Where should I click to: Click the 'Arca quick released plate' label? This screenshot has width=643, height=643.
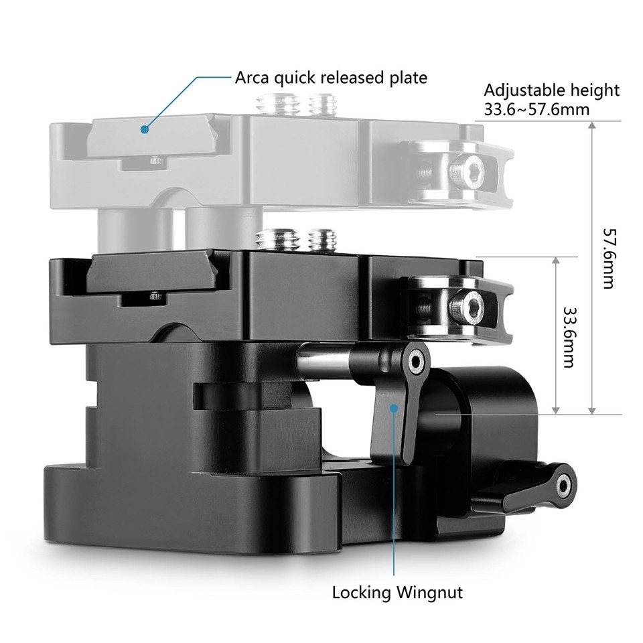coord(331,77)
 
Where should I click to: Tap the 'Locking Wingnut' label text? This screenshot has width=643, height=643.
coord(397,592)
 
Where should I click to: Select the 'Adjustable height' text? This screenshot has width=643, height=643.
coord(551,90)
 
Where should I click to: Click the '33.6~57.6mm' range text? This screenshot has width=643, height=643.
coord(537,109)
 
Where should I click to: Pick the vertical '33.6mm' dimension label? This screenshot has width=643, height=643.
coord(569,337)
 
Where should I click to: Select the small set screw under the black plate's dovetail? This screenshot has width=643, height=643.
coord(153,296)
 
